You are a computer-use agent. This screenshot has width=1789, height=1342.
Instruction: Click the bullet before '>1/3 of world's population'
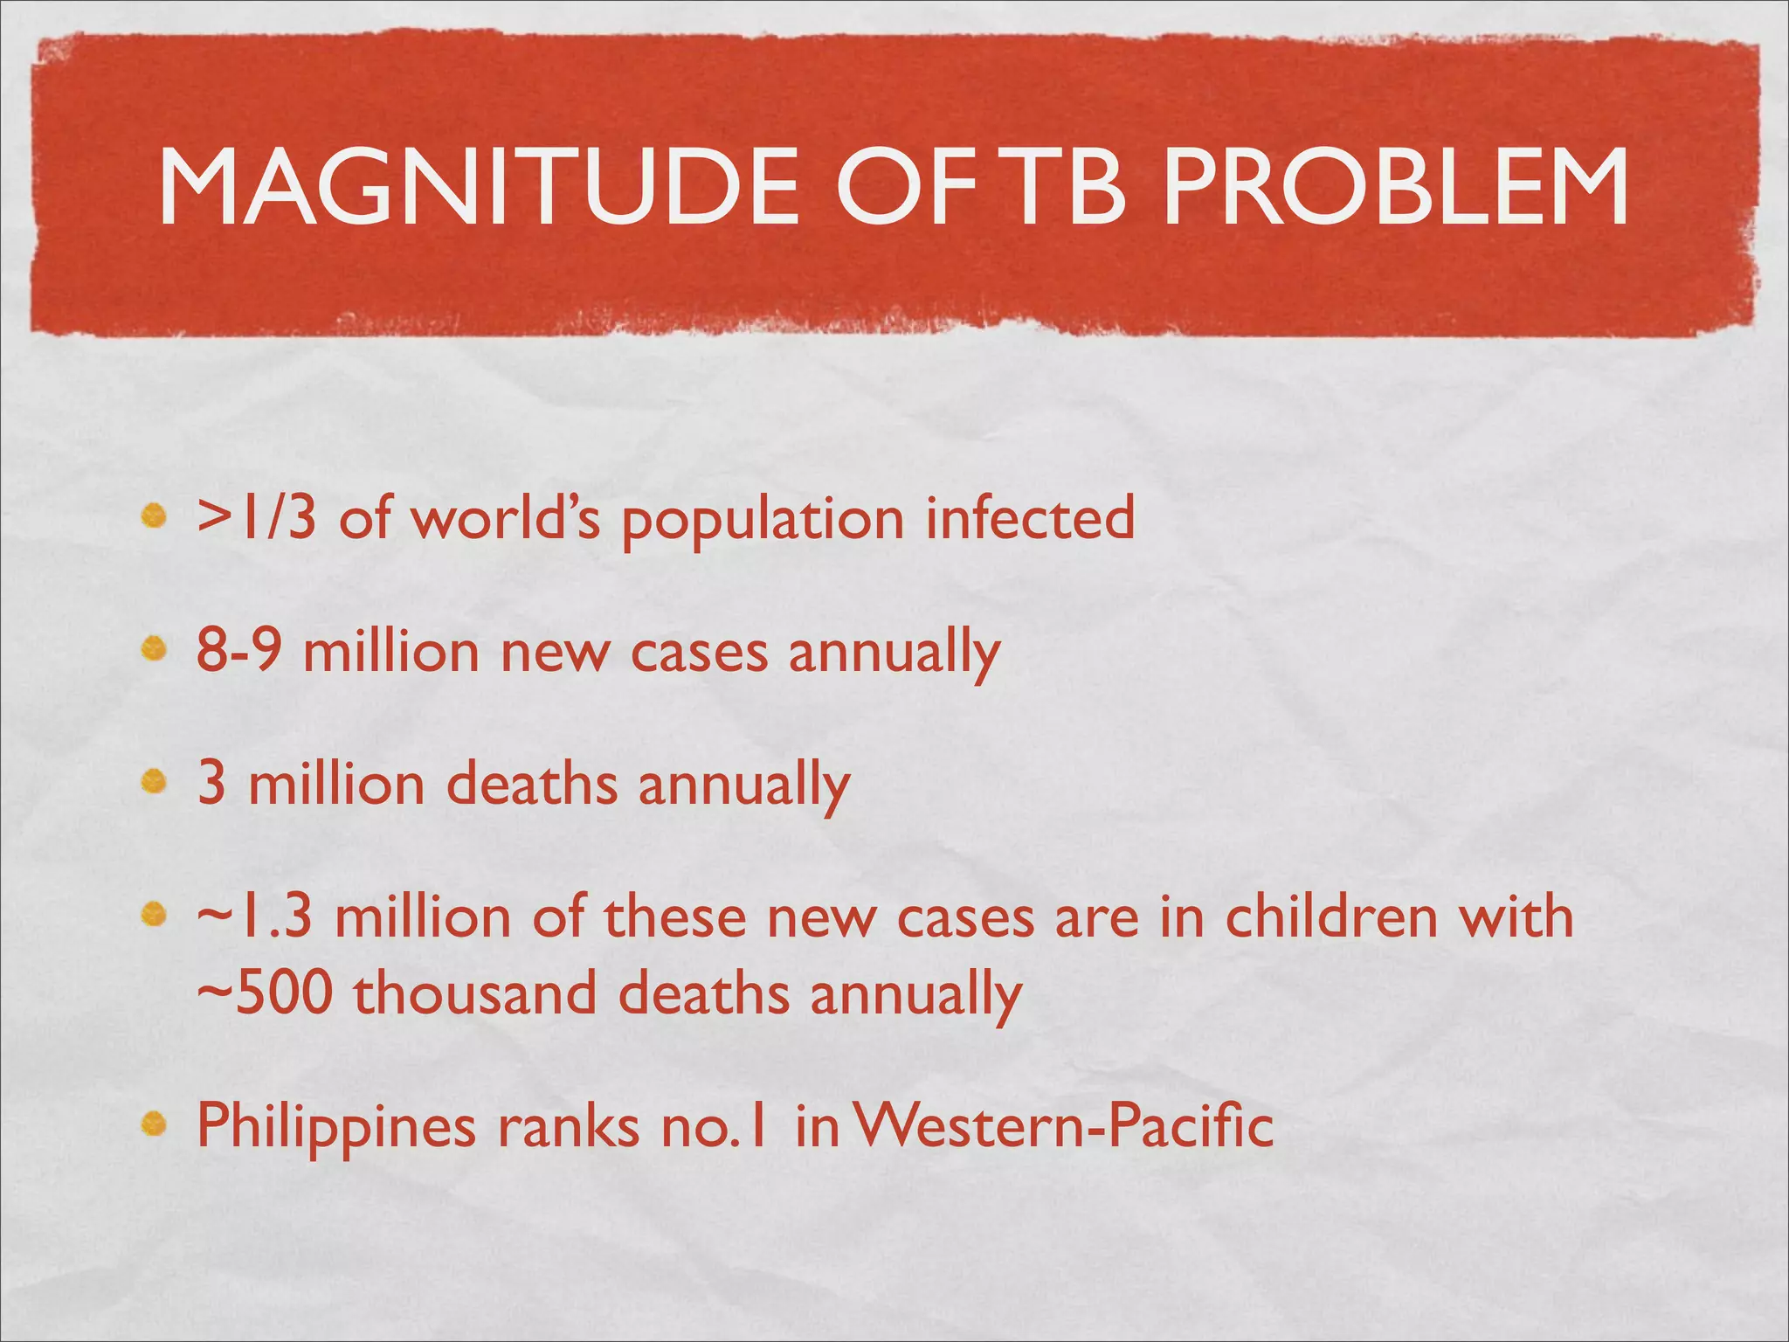(155, 517)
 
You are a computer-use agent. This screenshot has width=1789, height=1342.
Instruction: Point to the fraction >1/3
(256, 518)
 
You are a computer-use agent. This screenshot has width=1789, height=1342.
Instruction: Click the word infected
(1030, 518)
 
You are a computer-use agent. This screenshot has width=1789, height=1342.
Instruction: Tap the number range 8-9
(238, 651)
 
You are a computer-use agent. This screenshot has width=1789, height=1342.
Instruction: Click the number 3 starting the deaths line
(211, 784)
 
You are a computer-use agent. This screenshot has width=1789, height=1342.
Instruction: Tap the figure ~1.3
(254, 917)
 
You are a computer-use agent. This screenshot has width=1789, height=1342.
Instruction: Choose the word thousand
(475, 993)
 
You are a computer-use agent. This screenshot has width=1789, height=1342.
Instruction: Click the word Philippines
(336, 1127)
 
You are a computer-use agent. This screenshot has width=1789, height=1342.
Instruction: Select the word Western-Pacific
(1062, 1126)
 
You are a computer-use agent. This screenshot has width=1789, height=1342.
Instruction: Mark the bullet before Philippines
(155, 1125)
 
